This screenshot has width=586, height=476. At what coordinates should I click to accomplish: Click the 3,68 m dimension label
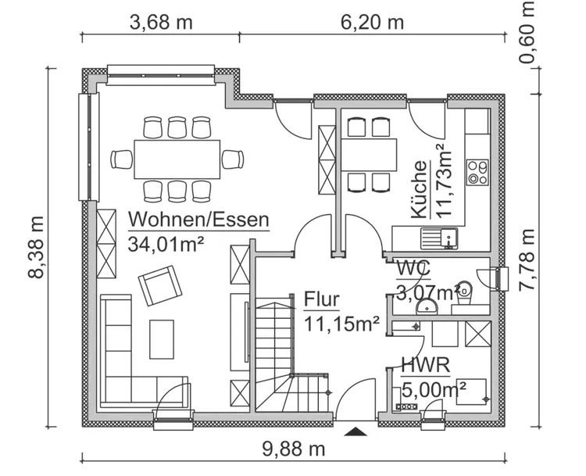click(x=160, y=22)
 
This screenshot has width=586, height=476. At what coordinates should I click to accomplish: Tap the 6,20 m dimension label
click(x=372, y=22)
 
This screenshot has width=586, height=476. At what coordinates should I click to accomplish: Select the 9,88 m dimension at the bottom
click(x=293, y=449)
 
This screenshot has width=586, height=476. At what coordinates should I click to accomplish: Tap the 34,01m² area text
click(x=165, y=242)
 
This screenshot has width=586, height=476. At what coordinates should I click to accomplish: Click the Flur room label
click(x=321, y=299)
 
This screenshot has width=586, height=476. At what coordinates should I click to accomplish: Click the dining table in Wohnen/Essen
click(x=177, y=159)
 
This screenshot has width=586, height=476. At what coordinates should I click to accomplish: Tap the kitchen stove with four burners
click(x=477, y=173)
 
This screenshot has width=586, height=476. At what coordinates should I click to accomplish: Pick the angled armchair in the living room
click(x=159, y=285)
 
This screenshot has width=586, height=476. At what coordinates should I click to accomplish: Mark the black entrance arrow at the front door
click(x=356, y=431)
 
